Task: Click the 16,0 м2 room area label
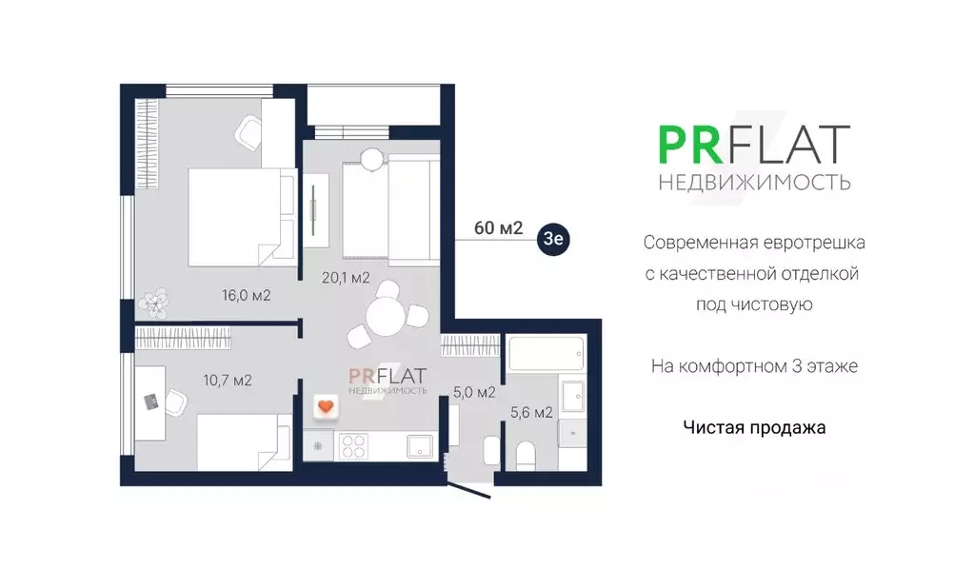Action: (247, 295)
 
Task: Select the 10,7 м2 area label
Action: (227, 381)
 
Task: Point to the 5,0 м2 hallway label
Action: (473, 391)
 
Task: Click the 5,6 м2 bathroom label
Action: (532, 412)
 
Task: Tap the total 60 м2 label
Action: (499, 228)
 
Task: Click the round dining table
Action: (386, 313)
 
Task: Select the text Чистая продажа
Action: (754, 428)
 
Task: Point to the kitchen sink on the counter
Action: (419, 445)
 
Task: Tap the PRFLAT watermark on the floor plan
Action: (388, 379)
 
